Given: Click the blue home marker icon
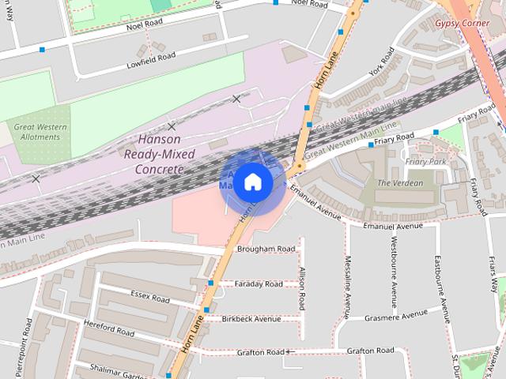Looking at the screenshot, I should (252, 182).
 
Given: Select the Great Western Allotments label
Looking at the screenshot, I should (36, 131).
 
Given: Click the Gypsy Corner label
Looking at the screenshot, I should (463, 24).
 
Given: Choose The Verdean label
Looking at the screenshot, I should (400, 183).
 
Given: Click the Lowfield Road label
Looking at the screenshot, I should (150, 58).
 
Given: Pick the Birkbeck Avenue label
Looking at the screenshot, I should (251, 319).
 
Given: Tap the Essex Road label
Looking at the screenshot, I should (150, 298).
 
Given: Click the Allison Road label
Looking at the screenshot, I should (301, 289).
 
